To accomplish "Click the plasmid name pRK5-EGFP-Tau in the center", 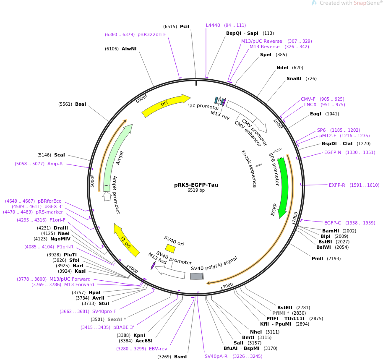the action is click(196, 185).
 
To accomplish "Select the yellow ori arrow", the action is click(166, 104).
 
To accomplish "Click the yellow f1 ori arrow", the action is click(126, 241).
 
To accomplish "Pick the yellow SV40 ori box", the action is click(170, 248).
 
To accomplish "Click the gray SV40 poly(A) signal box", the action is click(197, 276).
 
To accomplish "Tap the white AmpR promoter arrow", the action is click(107, 196).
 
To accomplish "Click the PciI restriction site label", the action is click(185, 26).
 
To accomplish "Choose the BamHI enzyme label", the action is click(331, 231).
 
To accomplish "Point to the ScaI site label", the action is click(59, 155).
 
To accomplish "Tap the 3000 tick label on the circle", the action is click(228, 285).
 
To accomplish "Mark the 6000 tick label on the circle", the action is click(141, 99).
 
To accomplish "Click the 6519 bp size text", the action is click(196, 190).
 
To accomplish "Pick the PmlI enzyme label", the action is click(317, 258).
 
